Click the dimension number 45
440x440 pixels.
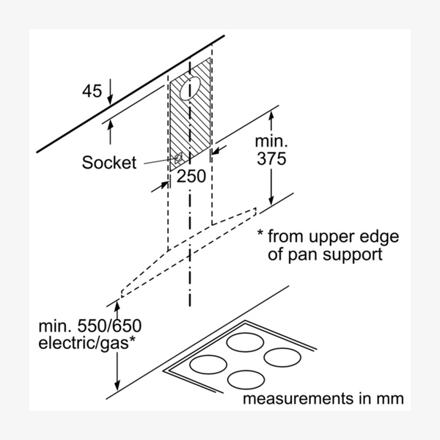(92, 92)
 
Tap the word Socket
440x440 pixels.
(109, 163)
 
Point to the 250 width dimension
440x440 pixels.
(191, 177)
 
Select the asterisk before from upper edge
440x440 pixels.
(260, 236)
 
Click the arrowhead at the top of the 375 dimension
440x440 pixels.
(271, 112)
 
